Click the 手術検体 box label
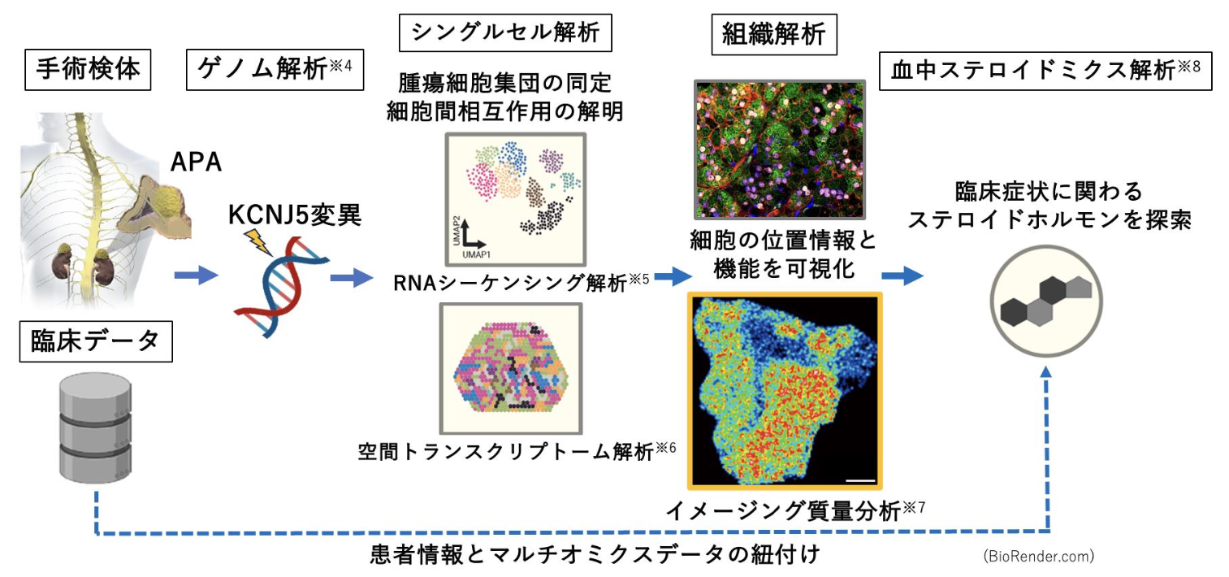[88, 70]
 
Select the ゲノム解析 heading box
[275, 70]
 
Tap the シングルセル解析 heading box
[505, 33]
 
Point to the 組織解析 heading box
[774, 35]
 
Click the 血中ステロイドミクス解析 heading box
[1045, 71]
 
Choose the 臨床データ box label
[96, 341]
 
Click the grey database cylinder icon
[96, 427]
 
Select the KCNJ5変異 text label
[295, 215]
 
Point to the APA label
[196, 162]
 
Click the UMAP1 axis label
[476, 254]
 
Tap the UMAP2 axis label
[457, 231]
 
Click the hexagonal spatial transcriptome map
[511, 368]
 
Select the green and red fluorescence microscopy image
[780, 150]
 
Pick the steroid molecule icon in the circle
[1046, 302]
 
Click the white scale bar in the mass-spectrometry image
[860, 480]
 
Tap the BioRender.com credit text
[1039, 556]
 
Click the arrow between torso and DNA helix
[197, 275]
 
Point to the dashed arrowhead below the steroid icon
[1045, 371]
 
